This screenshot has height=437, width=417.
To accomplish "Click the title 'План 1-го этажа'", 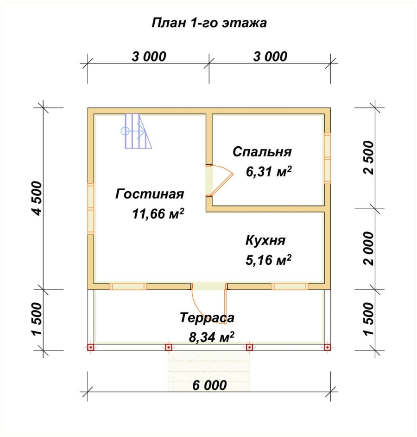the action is (209, 23).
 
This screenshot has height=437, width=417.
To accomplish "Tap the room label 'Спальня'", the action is (262, 152).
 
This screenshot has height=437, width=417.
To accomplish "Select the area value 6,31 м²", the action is (268, 171).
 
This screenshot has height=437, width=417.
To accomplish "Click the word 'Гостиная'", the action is (150, 194).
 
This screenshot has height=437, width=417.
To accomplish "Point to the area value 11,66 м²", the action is (158, 213).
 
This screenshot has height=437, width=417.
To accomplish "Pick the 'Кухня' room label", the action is (265, 240).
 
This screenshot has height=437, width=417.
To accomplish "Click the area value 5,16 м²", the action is (268, 259).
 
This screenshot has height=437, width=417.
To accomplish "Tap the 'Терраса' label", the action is (207, 318).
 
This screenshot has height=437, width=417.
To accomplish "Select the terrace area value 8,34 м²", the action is (211, 337).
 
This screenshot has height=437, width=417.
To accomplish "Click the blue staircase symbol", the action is (137, 131).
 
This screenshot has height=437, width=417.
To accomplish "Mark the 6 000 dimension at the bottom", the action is (209, 385).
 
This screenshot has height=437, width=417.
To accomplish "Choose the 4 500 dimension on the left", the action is (37, 198).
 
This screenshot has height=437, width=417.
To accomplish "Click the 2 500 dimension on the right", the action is (368, 157).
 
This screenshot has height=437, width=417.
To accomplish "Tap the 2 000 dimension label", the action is (368, 249).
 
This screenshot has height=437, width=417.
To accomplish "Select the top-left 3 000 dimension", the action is (149, 56).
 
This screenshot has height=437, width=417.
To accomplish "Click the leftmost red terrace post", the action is (91, 347).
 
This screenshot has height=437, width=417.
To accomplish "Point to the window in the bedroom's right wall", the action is (328, 158).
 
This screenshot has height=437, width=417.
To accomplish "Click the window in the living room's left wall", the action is (91, 208).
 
